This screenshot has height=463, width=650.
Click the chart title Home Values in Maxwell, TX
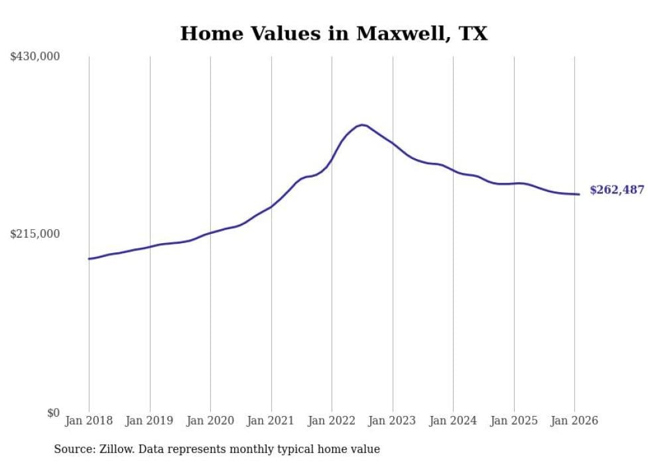click(x=334, y=34)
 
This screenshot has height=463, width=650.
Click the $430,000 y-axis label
click(x=35, y=57)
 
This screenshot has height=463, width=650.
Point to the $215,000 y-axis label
click(x=35, y=234)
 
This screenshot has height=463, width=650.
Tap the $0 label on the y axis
click(x=53, y=413)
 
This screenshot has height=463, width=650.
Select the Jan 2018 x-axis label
click(x=89, y=421)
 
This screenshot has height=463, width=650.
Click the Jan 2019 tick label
click(x=150, y=421)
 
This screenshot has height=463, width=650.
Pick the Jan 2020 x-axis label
click(x=210, y=421)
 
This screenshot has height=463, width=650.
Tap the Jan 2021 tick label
click(x=271, y=421)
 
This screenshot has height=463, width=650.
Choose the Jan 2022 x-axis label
click(x=332, y=421)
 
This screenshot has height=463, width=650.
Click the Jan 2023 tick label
click(x=393, y=421)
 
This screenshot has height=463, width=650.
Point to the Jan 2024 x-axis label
click(x=453, y=421)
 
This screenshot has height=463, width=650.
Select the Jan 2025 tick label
click(x=514, y=421)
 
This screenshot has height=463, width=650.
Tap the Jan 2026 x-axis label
click(x=574, y=421)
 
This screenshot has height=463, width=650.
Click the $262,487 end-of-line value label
click(x=617, y=190)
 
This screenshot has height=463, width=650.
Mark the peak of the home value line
click(x=361, y=125)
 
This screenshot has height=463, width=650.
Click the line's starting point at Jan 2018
click(x=89, y=258)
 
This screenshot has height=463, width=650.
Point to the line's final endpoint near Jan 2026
click(x=579, y=194)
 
